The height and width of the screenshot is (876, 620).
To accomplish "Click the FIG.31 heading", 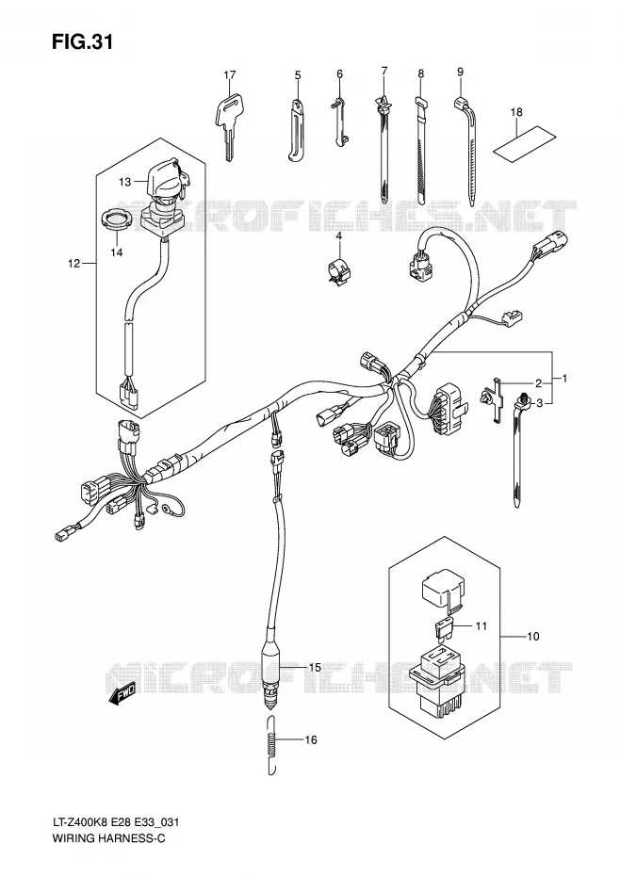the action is pyautogui.click(x=83, y=41).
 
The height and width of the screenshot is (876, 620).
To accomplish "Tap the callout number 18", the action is pyautogui.click(x=516, y=112).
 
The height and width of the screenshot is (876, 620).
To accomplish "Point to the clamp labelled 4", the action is pyautogui.click(x=338, y=270).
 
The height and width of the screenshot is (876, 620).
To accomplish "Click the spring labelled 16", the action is pyautogui.click(x=272, y=744).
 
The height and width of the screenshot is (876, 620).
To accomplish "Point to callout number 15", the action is pyautogui.click(x=314, y=667).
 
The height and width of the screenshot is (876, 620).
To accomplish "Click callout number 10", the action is pyautogui.click(x=532, y=637).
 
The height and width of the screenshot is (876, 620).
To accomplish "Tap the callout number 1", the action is pyautogui.click(x=564, y=379).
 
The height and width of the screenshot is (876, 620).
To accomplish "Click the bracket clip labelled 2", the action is pyautogui.click(x=493, y=398).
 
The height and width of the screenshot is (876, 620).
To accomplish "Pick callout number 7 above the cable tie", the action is pyautogui.click(x=384, y=71).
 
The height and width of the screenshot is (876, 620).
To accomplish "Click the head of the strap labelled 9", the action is pyautogui.click(x=463, y=103).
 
